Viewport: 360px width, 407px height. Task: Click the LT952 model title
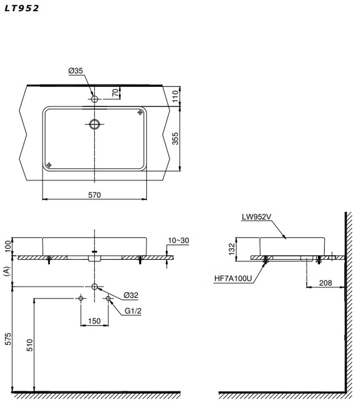pos(22,8)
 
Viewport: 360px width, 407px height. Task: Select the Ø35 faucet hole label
pos(76,71)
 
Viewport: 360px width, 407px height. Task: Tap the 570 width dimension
pos(94,195)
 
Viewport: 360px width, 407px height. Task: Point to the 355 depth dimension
pos(176,138)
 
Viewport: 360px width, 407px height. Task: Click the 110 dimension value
pos(176,96)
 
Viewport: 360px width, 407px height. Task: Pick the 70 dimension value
pos(115,92)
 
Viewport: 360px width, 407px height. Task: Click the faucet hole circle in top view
pos(94,99)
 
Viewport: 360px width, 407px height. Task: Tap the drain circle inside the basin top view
pos(94,124)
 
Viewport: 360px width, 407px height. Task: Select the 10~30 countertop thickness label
pos(179,240)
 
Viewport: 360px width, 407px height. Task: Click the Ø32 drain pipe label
pos(131,295)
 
